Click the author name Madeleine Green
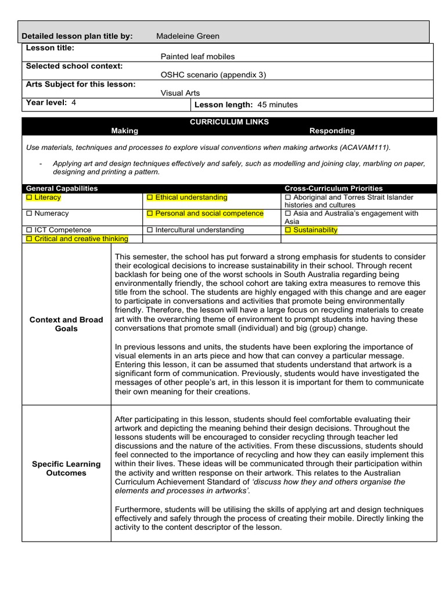tap(188, 36)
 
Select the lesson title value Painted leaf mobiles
tap(197, 56)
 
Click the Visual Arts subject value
tap(180, 92)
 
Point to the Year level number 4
tap(74, 103)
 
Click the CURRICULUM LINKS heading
tap(229, 122)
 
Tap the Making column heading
tap(125, 131)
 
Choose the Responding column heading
tap(332, 131)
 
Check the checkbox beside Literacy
tap(30, 198)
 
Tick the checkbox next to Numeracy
tap(30, 213)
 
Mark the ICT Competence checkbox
tap(30, 230)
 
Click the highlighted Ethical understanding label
tap(191, 198)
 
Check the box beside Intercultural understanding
tap(150, 230)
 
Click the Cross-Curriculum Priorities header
tap(333, 188)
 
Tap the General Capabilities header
tap(62, 188)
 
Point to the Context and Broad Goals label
tap(66, 324)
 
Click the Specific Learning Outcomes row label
tap(66, 468)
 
